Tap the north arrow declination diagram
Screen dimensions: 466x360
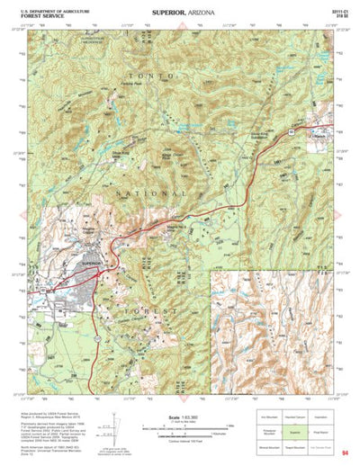pos(112,423)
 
